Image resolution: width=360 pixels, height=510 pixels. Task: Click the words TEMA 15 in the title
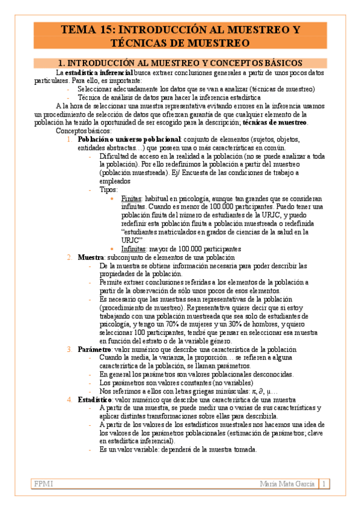pos(86,29)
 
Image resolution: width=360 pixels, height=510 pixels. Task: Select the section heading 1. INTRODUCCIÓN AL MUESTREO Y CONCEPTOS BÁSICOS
pos(180,63)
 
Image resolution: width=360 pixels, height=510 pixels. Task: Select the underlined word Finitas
pos(130,198)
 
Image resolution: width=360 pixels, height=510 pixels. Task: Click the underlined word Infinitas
pos(133,248)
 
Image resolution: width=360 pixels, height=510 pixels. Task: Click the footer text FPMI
pos(44,484)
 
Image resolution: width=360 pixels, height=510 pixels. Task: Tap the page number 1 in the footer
pos(324,484)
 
